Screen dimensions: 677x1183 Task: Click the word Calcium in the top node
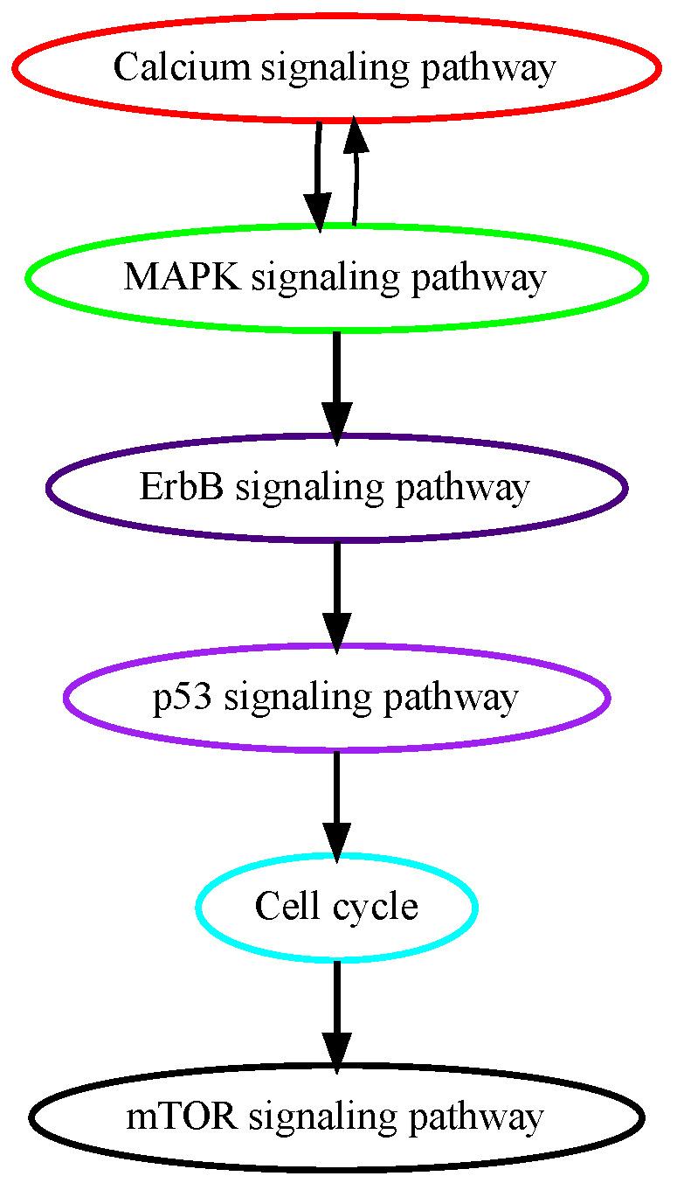pyautogui.click(x=182, y=67)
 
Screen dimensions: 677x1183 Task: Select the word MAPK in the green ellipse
pyautogui.click(x=182, y=276)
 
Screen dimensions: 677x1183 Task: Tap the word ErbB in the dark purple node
pyautogui.click(x=181, y=486)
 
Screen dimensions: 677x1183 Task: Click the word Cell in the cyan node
pyautogui.click(x=287, y=905)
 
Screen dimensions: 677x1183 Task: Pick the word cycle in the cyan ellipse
pyautogui.click(x=376, y=908)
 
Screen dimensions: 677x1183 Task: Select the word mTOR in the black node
pyautogui.click(x=182, y=1116)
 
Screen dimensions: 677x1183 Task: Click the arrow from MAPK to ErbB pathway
pyautogui.click(x=337, y=388)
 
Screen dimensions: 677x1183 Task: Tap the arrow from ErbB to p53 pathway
pyautogui.click(x=337, y=598)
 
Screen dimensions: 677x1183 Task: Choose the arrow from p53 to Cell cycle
pyautogui.click(x=337, y=808)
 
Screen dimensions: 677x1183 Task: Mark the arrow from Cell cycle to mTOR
pyautogui.click(x=337, y=1018)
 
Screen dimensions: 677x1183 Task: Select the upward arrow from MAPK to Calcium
pyautogui.click(x=356, y=171)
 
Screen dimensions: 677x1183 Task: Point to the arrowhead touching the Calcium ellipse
pyautogui.click(x=356, y=135)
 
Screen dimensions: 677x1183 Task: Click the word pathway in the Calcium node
pyautogui.click(x=488, y=69)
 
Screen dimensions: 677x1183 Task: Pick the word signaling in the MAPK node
pyautogui.click(x=325, y=278)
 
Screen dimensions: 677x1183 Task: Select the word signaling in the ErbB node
pyautogui.click(x=309, y=488)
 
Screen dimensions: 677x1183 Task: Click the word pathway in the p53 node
pyautogui.click(x=451, y=699)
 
